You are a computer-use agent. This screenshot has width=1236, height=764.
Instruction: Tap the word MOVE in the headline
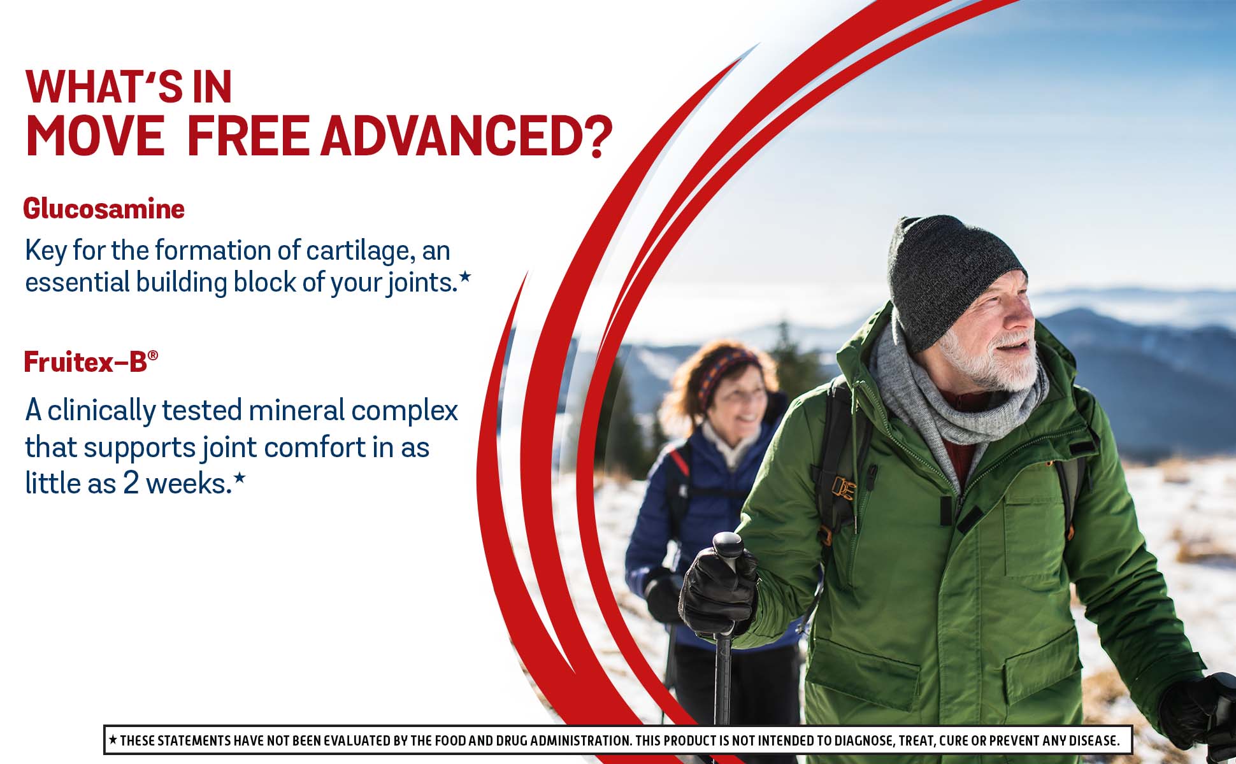pyautogui.click(x=95, y=136)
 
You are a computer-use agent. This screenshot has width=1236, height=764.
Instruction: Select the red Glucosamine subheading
pyautogui.click(x=104, y=209)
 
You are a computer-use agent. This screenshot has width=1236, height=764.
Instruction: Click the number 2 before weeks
pyautogui.click(x=131, y=483)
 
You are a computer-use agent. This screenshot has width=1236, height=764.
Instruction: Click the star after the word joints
pyautogui.click(x=465, y=276)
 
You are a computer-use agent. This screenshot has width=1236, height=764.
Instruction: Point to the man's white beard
pyautogui.click(x=994, y=363)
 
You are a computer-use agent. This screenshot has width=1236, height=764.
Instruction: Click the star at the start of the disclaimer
pyautogui.click(x=113, y=740)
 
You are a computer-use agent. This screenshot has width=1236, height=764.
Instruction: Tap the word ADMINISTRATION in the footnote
pyautogui.click(x=580, y=740)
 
